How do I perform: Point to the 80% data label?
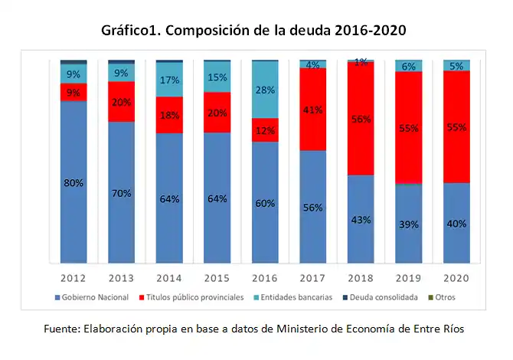[x=74, y=183]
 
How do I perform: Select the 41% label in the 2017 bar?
[x=312, y=110]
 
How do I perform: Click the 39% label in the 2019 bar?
[x=409, y=224]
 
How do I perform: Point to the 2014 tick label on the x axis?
[x=169, y=277]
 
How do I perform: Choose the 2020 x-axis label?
[x=457, y=277]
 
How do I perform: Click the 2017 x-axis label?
[x=312, y=277]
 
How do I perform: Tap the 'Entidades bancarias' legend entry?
[x=293, y=296]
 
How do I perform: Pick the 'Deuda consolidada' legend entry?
[x=384, y=296]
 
